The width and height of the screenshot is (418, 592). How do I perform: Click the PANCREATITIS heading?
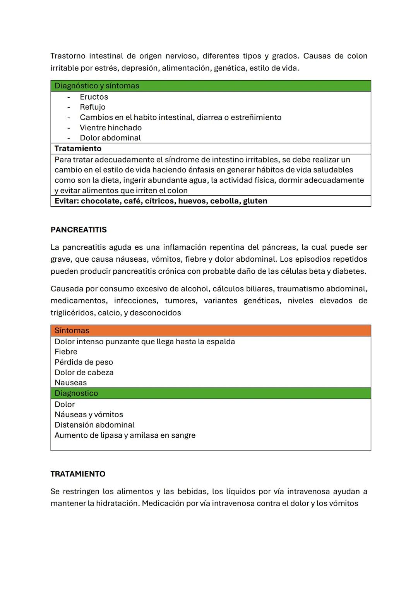point(79,230)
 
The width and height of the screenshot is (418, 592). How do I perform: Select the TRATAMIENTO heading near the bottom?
point(78,474)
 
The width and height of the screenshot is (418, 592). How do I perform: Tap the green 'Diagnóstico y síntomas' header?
point(97,86)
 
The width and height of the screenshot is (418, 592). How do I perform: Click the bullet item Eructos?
point(94,97)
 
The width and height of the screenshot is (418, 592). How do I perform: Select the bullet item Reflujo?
point(93,107)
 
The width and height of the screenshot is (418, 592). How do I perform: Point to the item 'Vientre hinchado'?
point(111,128)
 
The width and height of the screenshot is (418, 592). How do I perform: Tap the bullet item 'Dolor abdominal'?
point(110,138)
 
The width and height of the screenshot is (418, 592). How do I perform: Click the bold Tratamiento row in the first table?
point(78,148)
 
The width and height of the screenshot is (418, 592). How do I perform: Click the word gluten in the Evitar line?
point(255,201)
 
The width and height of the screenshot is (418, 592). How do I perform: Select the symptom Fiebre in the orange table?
point(66,352)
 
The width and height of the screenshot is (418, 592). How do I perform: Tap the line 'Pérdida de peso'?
point(84,362)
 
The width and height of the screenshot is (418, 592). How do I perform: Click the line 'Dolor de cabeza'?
point(84,372)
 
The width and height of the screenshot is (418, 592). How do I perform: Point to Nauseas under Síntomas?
point(70,383)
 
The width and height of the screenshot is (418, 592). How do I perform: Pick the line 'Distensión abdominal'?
point(94,425)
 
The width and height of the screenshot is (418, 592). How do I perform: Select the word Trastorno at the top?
point(68,56)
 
